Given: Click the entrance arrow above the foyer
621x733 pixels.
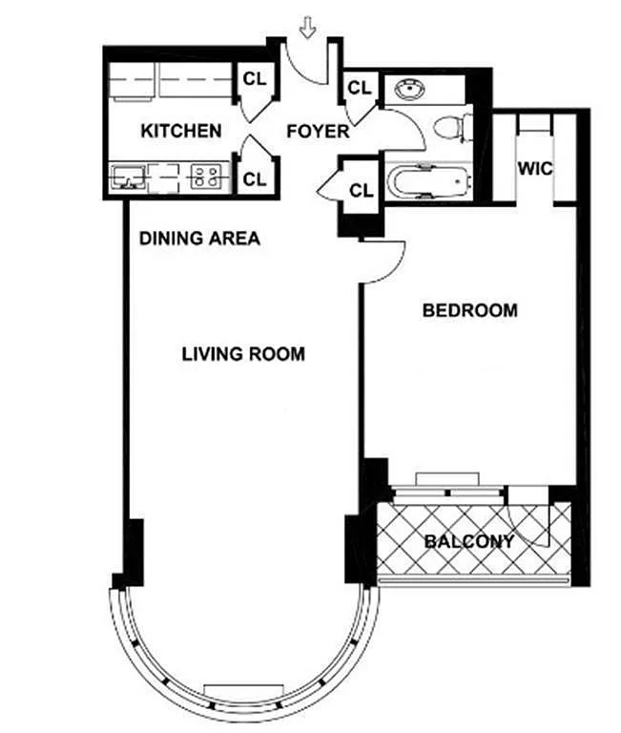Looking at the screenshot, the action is pos(307,27).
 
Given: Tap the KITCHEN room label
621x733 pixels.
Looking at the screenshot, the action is pos(181,131).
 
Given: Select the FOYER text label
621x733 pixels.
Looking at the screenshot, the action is pos(318,132).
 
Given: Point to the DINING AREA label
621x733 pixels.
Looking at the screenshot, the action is pos(199,239).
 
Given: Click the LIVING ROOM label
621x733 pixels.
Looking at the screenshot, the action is pos(243,354).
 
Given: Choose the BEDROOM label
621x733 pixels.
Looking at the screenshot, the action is pos(470,310).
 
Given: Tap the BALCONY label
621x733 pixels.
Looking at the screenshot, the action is pos(469,541).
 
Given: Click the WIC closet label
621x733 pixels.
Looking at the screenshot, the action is pos(535,168).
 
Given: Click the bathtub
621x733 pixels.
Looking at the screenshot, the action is pos(427,181).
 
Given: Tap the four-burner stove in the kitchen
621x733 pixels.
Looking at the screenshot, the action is pos(206,177).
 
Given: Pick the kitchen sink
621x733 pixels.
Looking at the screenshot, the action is pos(128,177).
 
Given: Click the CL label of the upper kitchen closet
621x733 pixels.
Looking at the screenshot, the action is pos(255,79).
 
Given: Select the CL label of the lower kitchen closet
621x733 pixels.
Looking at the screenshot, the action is pos(255,179).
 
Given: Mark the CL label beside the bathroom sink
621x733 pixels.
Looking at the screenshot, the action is pos(360,88).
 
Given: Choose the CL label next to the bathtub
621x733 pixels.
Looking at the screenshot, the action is pos(362,190).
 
